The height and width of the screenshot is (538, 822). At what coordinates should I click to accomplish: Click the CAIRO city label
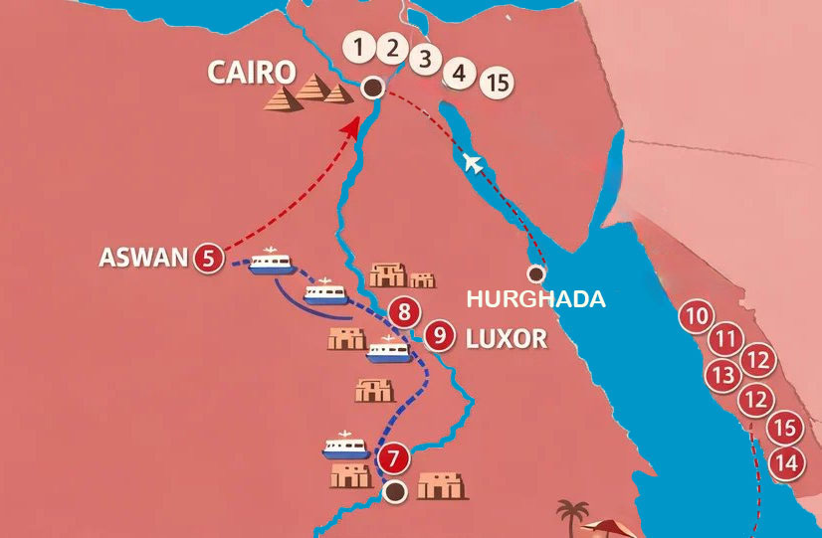pyautogui.click(x=252, y=72)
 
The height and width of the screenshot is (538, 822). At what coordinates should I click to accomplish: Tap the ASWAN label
pyautogui.click(x=143, y=258)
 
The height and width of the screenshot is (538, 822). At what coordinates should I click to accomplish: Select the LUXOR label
pyautogui.click(x=507, y=338)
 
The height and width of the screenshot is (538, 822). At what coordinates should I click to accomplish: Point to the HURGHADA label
pyautogui.click(x=536, y=299)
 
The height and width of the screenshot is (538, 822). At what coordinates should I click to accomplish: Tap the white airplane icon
pyautogui.click(x=474, y=161)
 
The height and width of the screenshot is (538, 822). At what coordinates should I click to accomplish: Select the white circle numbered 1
pyautogui.click(x=358, y=46)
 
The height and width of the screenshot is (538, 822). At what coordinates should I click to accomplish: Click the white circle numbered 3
pyautogui.click(x=425, y=58)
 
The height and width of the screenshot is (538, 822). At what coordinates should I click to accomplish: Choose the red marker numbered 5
pyautogui.click(x=208, y=258)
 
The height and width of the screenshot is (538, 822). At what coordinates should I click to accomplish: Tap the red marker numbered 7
pyautogui.click(x=394, y=459)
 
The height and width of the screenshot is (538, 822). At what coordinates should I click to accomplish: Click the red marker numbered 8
pyautogui.click(x=403, y=313)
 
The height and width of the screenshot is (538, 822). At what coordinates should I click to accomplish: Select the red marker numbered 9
pyautogui.click(x=439, y=336)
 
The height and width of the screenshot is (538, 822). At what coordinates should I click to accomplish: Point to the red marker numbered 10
pyautogui.click(x=697, y=319)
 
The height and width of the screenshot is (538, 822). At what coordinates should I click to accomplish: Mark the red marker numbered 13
pyautogui.click(x=721, y=375)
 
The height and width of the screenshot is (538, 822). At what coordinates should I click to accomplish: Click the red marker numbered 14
pyautogui.click(x=786, y=462)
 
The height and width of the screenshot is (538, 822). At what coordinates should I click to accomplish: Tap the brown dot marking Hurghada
pyautogui.click(x=536, y=273)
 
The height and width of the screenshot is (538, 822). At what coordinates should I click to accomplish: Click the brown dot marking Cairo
pyautogui.click(x=372, y=88)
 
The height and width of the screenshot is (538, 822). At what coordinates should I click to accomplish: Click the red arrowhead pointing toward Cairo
pyautogui.click(x=352, y=126)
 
